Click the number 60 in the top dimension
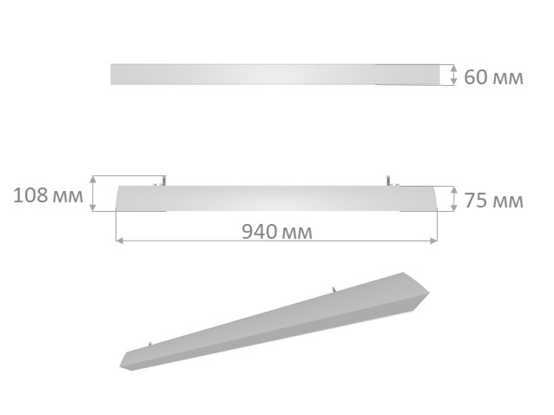point(477,77)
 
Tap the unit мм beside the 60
point(508,78)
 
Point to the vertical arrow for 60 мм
point(452,75)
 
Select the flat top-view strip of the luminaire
point(275,75)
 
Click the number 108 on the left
point(31,195)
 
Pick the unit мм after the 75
point(508,202)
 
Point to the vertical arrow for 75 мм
point(452,199)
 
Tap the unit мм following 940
point(295,233)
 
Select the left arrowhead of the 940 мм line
point(119,239)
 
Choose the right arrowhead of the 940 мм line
point(434,239)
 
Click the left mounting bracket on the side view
point(159,181)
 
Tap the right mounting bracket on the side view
point(390,181)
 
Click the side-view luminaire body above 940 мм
point(275,199)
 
